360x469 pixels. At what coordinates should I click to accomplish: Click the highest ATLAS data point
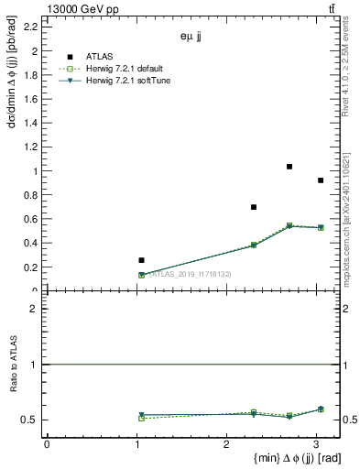coord(289,167)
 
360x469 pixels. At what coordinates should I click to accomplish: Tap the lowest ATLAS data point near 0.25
coord(141,260)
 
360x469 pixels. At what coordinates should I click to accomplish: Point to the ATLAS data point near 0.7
coord(254,207)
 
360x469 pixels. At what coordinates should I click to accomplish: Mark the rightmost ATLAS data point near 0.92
coord(321,180)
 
